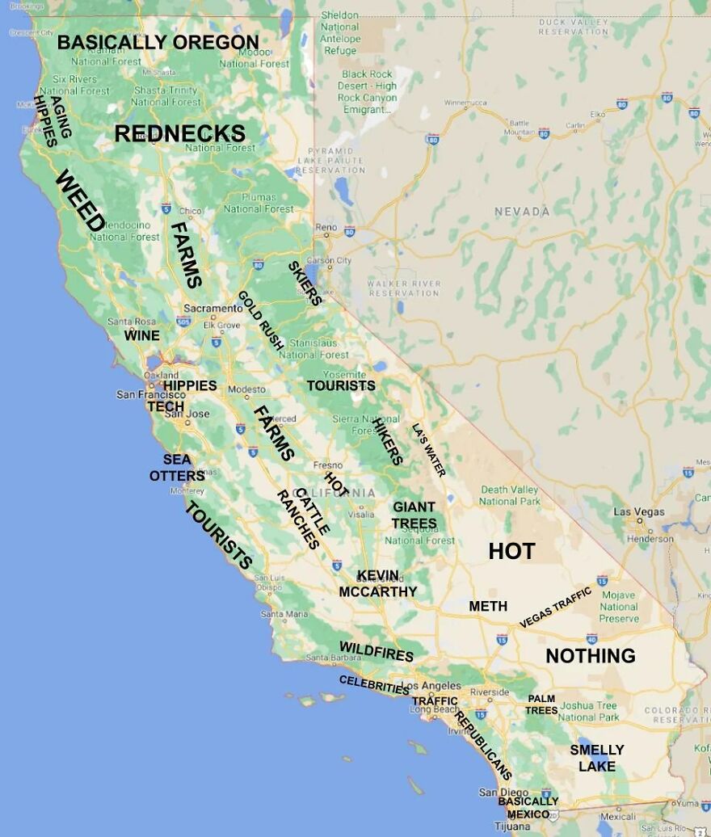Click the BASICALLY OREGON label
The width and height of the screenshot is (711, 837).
[x=158, y=42]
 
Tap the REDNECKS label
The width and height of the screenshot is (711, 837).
[x=179, y=133]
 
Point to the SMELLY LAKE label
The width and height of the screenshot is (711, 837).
[x=597, y=758]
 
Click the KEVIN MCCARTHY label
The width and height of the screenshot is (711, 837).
[x=377, y=583]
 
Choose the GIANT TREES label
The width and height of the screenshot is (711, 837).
[x=414, y=515]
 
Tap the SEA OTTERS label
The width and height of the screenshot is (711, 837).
[x=177, y=468]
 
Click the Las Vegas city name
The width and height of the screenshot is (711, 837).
[x=638, y=511]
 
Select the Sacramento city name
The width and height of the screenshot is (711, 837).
[x=212, y=309]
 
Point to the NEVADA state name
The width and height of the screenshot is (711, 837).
[x=522, y=212]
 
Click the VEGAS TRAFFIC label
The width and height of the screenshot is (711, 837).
[x=555, y=608]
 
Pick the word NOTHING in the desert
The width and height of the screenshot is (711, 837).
[x=591, y=655]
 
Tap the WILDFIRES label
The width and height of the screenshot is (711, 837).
[x=376, y=651]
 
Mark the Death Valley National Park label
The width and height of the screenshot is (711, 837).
[x=509, y=495]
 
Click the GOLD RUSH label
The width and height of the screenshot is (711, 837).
[x=260, y=320]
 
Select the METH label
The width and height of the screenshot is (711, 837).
[x=488, y=606]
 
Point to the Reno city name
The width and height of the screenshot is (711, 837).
[x=326, y=228]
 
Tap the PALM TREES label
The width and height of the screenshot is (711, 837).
[x=541, y=704]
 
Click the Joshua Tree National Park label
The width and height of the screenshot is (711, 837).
[x=588, y=711]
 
